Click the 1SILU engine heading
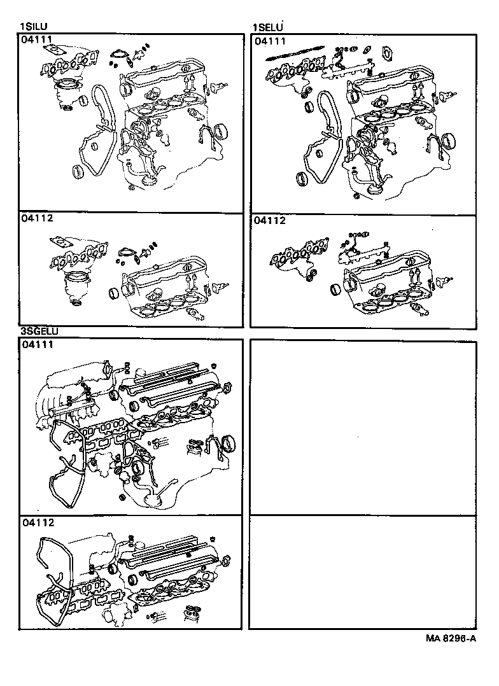[x=36, y=27]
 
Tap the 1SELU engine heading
[x=268, y=27]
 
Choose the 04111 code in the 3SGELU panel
[x=37, y=345]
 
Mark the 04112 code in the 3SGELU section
[x=37, y=522]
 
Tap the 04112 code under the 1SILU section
[x=37, y=218]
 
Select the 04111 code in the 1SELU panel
[x=270, y=41]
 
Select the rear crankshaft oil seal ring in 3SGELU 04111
[x=227, y=443]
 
